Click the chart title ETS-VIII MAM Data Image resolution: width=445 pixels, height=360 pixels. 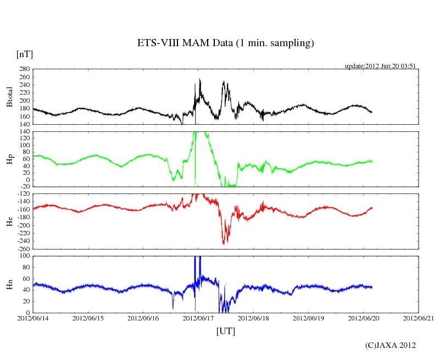click(225, 43)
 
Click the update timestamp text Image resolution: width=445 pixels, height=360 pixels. click(380, 66)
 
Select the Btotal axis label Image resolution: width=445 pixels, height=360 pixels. click(9, 97)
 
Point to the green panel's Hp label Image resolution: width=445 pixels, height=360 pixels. click(9, 159)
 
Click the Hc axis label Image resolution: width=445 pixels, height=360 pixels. click(9, 221)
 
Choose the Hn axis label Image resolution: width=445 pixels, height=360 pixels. click(9, 284)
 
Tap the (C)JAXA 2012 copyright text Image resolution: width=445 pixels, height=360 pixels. click(390, 346)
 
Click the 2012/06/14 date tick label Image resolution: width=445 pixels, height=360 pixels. click(33, 318)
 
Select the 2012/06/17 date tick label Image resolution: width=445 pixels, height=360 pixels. click(198, 318)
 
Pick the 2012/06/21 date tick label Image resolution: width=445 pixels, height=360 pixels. click(419, 318)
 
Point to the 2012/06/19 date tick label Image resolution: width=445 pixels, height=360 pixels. click(308, 318)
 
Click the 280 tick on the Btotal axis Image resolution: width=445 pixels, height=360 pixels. click(24, 69)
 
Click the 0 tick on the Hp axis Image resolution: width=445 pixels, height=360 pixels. click(27, 180)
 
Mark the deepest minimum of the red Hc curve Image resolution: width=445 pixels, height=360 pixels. click(224, 244)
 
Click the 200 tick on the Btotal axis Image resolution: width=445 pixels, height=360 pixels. click(24, 101)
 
